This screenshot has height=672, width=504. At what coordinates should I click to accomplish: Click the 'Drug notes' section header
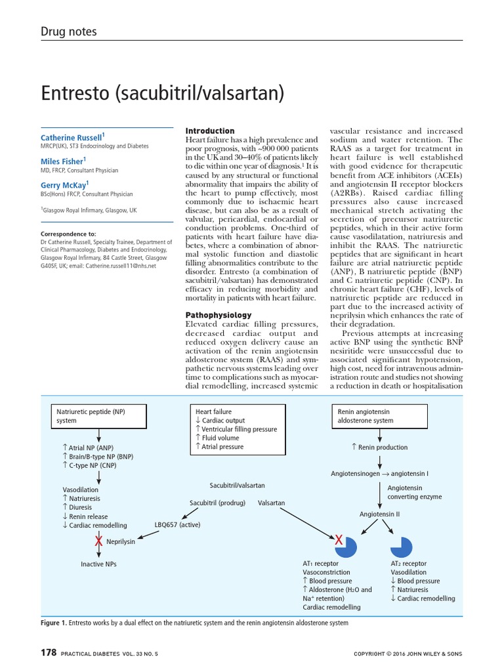68,31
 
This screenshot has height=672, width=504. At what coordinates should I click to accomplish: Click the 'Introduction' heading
210,131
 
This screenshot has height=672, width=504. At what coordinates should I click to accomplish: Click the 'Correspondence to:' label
68,234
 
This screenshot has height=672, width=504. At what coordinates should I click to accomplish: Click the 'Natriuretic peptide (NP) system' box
98,416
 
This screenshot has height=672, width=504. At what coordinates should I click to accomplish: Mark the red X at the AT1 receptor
338,539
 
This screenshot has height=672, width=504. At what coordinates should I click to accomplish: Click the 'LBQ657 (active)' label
177,525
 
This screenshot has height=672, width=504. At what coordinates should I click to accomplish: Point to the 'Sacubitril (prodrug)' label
217,503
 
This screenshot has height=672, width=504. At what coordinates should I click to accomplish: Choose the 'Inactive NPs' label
99,564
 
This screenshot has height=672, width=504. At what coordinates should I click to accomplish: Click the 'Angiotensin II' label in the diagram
379,514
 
